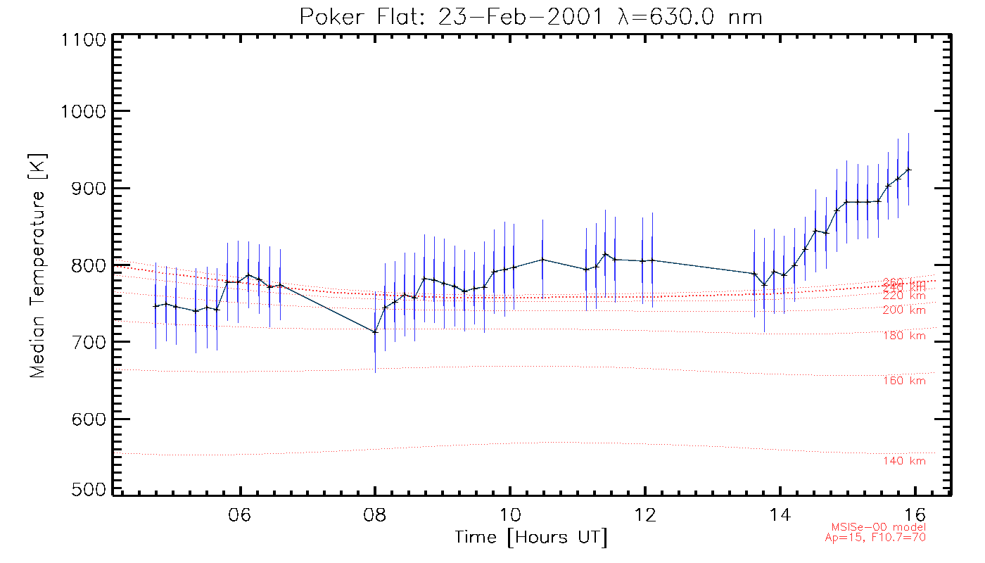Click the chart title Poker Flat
coord(531,16)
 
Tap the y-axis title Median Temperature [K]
coord(37,264)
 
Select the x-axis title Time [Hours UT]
coord(531,538)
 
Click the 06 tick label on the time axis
coord(241,512)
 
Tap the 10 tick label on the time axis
coord(510,512)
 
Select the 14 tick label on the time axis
coord(780,512)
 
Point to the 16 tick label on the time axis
coord(914,512)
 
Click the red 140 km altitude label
coord(904,461)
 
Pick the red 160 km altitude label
coord(904,381)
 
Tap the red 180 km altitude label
coord(904,336)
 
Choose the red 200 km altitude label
coord(904,310)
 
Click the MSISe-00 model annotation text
coord(879,527)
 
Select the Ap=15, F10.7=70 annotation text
coord(875,537)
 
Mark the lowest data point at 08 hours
coord(375,331)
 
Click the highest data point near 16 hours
coord(908,170)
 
